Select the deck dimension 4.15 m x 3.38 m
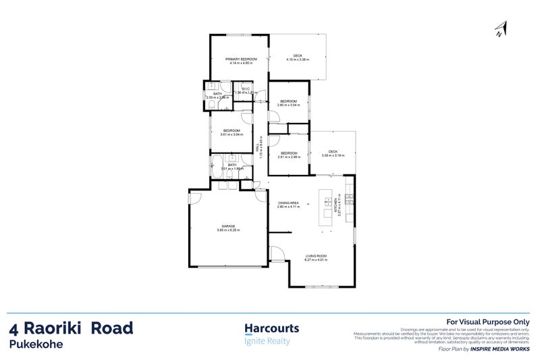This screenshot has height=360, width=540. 298,60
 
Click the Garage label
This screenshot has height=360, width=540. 228,227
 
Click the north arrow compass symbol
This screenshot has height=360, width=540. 500,27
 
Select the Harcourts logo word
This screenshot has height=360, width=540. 271,329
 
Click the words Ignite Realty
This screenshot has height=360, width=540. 266,341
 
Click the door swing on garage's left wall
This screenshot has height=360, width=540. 194,197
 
